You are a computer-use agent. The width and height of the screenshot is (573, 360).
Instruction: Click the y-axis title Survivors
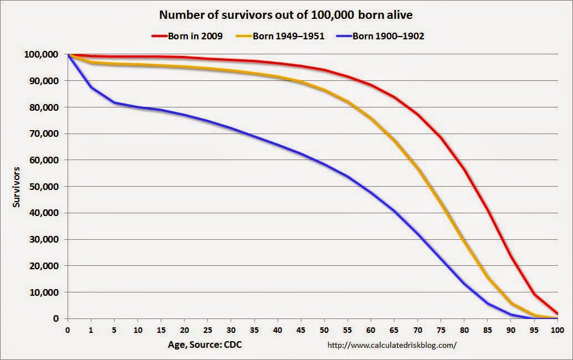(17, 187)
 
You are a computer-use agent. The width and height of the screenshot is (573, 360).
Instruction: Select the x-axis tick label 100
(557, 330)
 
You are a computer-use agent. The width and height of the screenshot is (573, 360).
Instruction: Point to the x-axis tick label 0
(68, 330)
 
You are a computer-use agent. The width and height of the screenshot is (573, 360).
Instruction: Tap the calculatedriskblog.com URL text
(392, 345)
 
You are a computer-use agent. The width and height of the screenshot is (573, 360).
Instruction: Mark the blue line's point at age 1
(91, 87)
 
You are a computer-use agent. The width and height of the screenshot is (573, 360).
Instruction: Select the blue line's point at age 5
(114, 102)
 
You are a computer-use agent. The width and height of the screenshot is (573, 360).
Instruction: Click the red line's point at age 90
(510, 258)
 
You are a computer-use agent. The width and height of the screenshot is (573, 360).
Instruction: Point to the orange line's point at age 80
(464, 241)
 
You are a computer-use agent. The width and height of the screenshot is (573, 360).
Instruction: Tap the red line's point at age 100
(557, 313)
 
